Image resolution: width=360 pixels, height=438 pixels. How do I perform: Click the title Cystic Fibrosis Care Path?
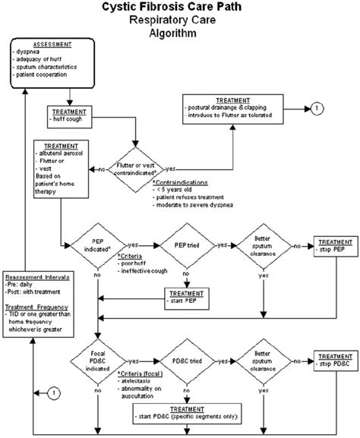180,8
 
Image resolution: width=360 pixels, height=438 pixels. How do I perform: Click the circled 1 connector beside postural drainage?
313,109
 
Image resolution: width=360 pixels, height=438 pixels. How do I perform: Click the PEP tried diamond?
180,246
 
